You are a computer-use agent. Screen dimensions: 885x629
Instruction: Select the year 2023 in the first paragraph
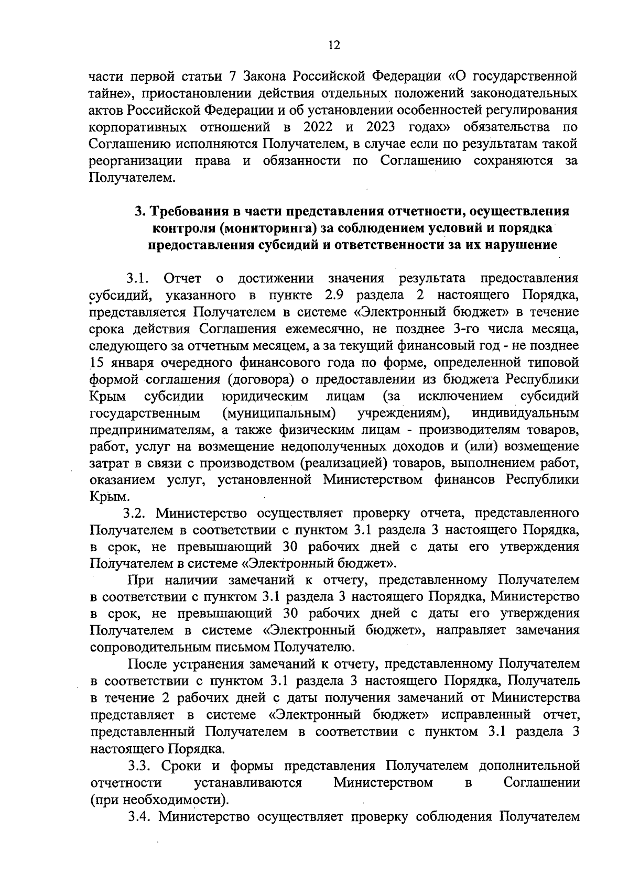tap(388, 127)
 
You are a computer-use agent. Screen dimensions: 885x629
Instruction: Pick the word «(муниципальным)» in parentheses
tap(279, 413)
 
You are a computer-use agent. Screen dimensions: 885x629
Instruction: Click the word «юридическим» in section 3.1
tap(265, 396)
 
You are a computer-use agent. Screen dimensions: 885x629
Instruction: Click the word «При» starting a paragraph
tap(139, 580)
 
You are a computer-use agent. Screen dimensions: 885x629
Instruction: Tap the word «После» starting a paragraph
tap(148, 664)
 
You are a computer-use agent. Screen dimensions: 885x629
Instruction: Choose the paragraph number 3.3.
tap(140, 766)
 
